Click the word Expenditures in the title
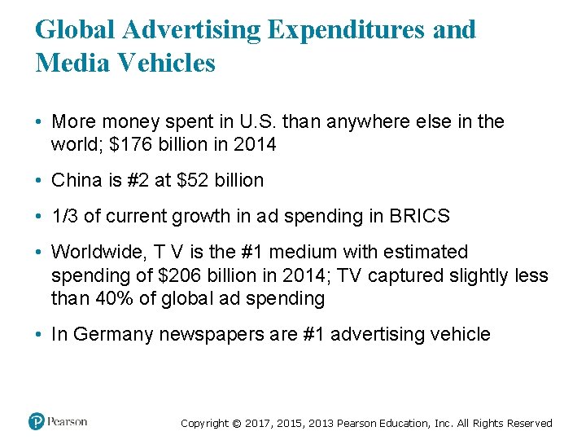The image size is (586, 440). point(347,29)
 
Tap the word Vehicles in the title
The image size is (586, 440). point(167,62)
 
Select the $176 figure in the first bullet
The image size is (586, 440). point(131,144)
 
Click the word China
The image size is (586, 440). point(77,180)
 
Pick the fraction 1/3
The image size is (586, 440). point(64,216)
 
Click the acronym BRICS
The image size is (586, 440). point(419,216)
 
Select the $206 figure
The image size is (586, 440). point(180,275)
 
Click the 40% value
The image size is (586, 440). point(114,298)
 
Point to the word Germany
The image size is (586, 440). point(113,334)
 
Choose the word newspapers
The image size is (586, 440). point(212,335)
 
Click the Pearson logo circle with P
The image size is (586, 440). point(37,421)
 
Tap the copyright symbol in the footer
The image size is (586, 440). point(237,423)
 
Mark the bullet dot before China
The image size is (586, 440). point(38,180)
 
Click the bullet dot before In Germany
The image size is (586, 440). point(38,334)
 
